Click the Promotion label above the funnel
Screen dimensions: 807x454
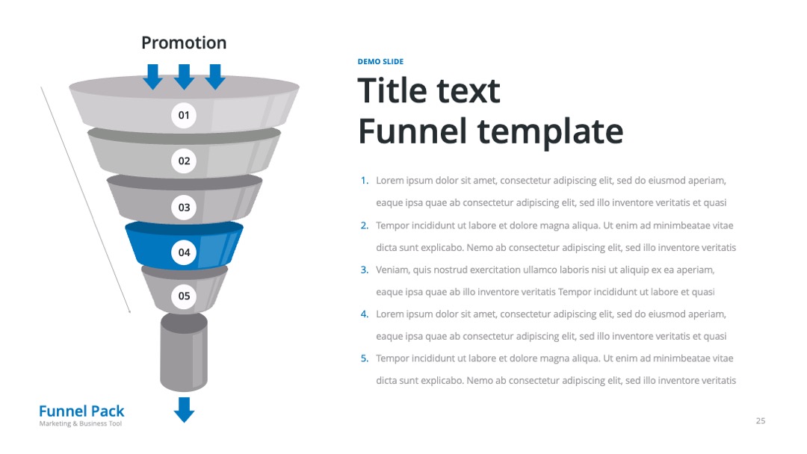coord(184,43)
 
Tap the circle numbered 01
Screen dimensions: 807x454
coord(184,115)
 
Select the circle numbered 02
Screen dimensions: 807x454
coord(184,161)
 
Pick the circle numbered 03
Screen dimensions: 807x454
coord(184,207)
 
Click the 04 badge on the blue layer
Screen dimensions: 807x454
coord(184,252)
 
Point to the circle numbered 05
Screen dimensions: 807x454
coord(184,296)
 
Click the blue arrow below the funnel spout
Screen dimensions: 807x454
coord(184,409)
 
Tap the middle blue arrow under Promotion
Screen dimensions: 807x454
coord(184,77)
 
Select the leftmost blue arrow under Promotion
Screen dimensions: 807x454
coord(153,77)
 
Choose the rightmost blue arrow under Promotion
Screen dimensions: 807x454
coord(215,77)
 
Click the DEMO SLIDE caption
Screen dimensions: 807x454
coord(380,62)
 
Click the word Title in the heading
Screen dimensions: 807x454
coord(395,90)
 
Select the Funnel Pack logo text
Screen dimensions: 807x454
coord(81,411)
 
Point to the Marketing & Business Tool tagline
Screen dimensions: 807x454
coord(80,423)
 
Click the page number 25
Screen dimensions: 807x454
coord(761,420)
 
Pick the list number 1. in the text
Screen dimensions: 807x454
coord(365,181)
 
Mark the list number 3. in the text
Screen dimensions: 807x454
coord(365,270)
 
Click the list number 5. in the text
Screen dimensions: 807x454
coord(365,358)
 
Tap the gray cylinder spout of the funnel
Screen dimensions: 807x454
coord(184,352)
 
